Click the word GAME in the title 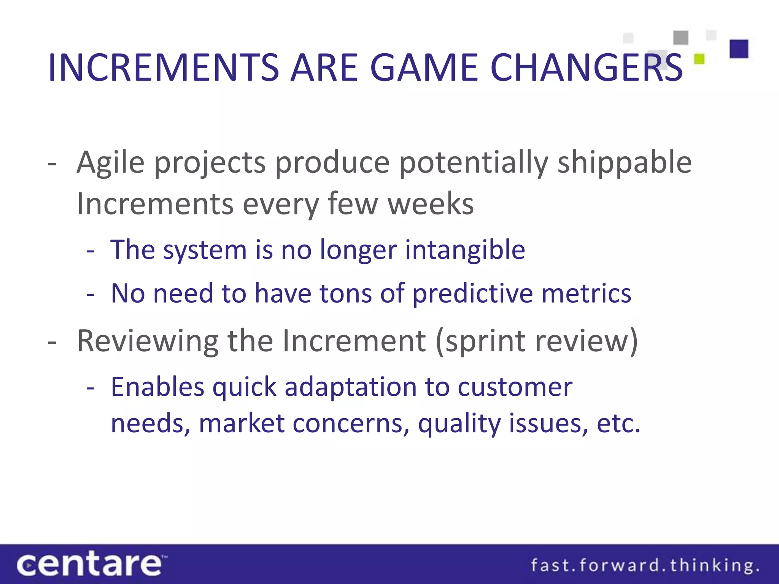pyautogui.click(x=424, y=68)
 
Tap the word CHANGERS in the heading pyautogui.click(x=586, y=68)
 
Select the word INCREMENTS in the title pyautogui.click(x=164, y=68)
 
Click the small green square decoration pyautogui.click(x=699, y=59)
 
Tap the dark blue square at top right pyautogui.click(x=739, y=49)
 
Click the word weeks pyautogui.click(x=431, y=204)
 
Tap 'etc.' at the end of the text pyautogui.click(x=618, y=423)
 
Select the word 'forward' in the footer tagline pyautogui.click(x=623, y=565)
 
